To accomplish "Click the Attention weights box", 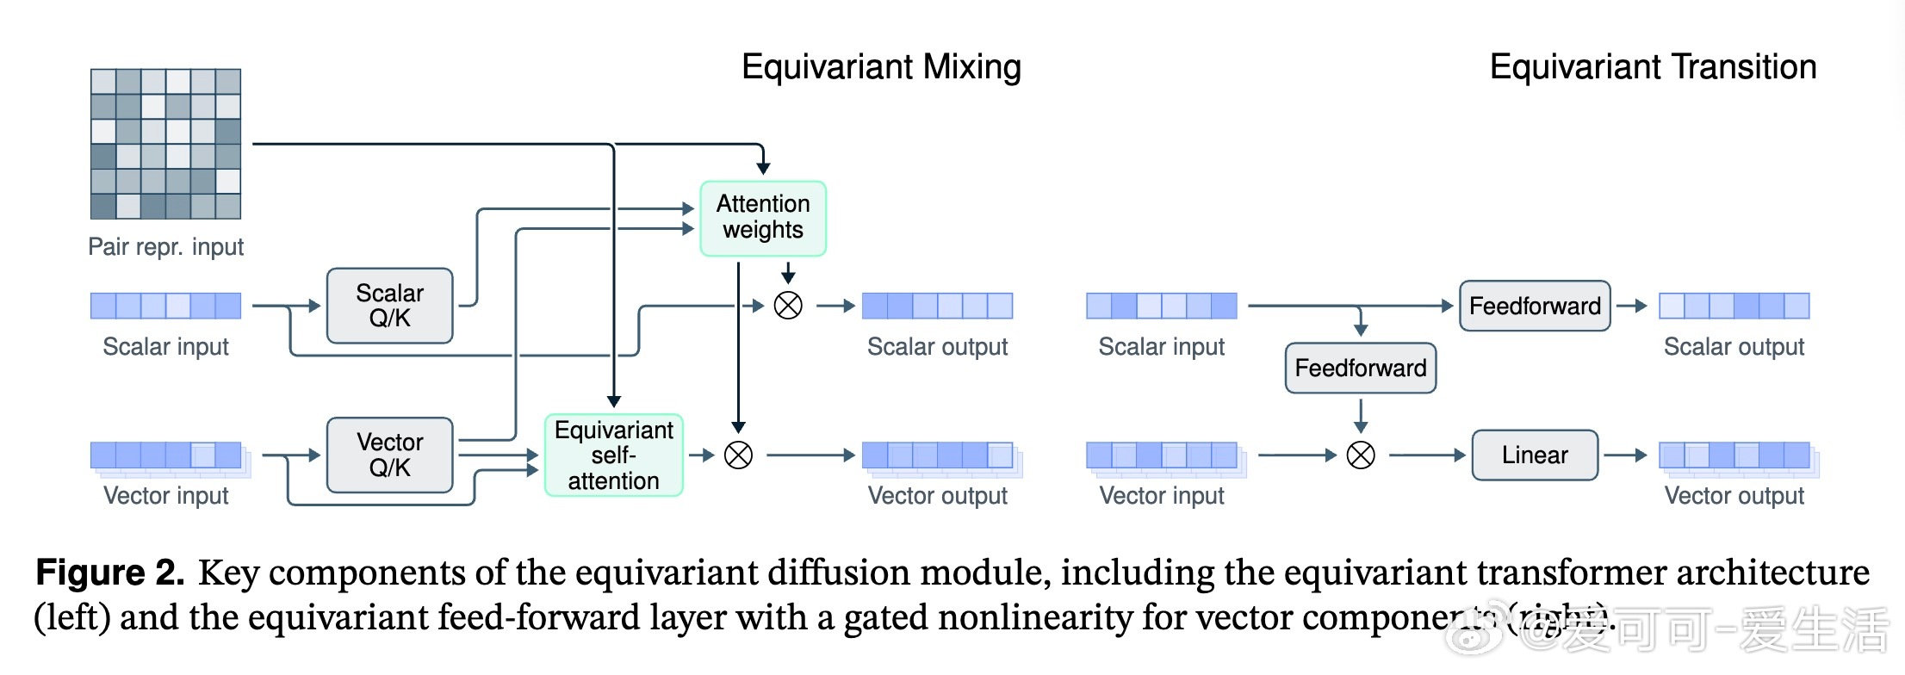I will point(763,218).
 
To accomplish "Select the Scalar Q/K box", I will point(389,306).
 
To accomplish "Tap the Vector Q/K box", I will point(389,455).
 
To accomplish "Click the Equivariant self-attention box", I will point(613,455).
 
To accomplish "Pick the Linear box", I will point(1535,455).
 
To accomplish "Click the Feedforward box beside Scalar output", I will point(1535,306).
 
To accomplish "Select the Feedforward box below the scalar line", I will point(1361,368).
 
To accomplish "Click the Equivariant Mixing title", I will point(881,67).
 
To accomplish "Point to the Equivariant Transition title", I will point(1653,67).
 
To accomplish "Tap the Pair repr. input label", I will point(165,247).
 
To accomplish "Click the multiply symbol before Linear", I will point(1361,455).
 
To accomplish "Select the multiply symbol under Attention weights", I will point(788,306).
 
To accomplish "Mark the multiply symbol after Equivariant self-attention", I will point(738,455).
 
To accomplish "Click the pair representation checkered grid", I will point(165,144).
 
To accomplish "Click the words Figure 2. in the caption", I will point(109,573).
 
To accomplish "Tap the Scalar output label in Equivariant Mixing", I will point(937,346).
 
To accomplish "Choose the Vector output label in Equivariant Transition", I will point(1734,496).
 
